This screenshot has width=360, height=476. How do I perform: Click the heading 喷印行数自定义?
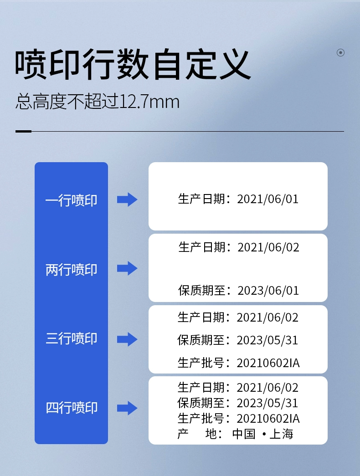pos(133,64)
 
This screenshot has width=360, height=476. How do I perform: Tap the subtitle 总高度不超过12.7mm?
pos(97,102)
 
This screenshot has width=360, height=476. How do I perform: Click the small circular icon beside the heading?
pos(340,52)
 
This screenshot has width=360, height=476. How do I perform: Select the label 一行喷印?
pos(72,200)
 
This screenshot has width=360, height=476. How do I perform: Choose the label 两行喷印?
pos(72,270)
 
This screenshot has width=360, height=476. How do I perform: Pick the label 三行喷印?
pos(72,338)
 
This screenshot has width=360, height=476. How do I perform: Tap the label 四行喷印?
pos(72,407)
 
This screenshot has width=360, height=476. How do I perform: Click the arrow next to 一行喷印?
pos(127,200)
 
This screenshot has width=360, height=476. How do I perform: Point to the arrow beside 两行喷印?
pos(127,268)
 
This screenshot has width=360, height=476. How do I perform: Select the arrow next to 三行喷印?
pos(127,339)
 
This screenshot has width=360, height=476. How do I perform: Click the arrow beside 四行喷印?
pos(127,408)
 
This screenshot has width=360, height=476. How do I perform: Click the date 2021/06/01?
pos(267,199)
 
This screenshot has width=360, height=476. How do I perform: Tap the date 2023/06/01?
pos(268,291)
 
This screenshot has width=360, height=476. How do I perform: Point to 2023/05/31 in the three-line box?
pos(267,340)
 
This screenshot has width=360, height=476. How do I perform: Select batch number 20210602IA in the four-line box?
pos(268,419)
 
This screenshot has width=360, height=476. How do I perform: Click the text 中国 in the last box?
pos(244,434)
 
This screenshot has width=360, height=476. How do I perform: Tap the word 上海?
pos(281,434)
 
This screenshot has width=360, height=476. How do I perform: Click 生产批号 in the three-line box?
pos(201,363)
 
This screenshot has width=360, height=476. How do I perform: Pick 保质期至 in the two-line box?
pos(201,291)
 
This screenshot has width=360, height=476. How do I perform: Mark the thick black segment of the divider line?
pos(23,132)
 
